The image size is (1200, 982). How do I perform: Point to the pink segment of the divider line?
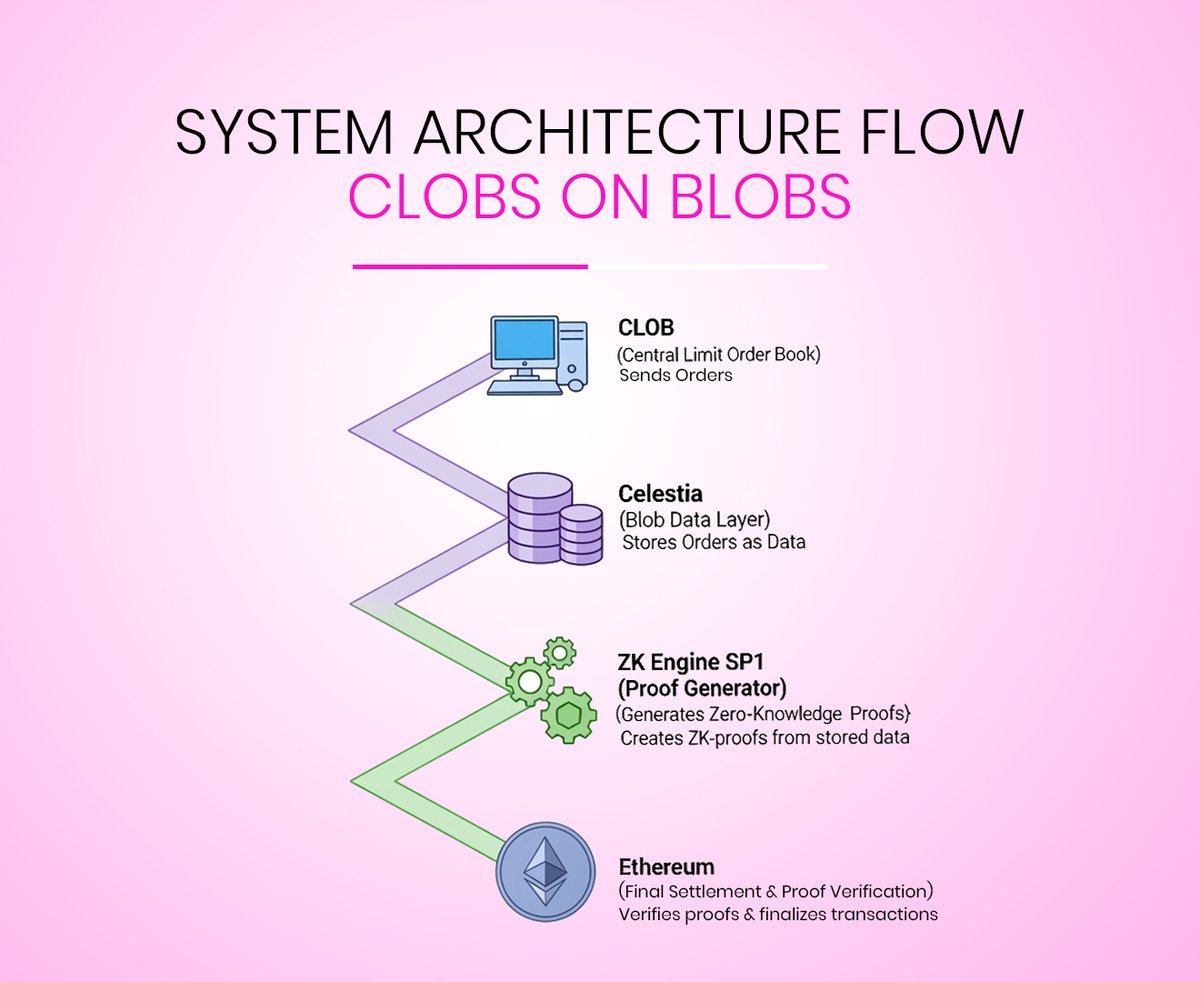click(470, 267)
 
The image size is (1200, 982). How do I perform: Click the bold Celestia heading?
click(660, 494)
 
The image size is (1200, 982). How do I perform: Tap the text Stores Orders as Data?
click(714, 543)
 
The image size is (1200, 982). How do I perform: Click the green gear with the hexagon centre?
click(568, 715)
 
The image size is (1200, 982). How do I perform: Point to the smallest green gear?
click(559, 653)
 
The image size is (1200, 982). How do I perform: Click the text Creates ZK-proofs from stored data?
click(764, 739)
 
